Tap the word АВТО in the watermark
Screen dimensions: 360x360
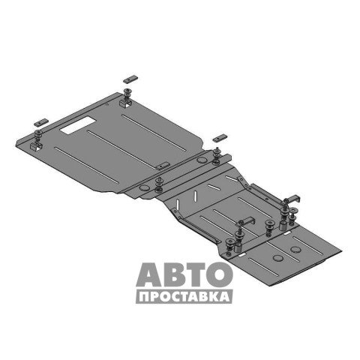click(x=184, y=274)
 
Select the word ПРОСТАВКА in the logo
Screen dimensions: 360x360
click(x=184, y=297)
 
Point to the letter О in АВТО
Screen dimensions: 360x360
click(x=220, y=274)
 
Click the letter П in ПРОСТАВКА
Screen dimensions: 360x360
click(x=144, y=297)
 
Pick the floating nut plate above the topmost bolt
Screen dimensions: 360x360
click(x=130, y=79)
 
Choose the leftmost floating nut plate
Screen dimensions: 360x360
click(x=41, y=122)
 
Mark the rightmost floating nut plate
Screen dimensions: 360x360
click(x=220, y=138)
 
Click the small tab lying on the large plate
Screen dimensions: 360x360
click(x=163, y=166)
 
